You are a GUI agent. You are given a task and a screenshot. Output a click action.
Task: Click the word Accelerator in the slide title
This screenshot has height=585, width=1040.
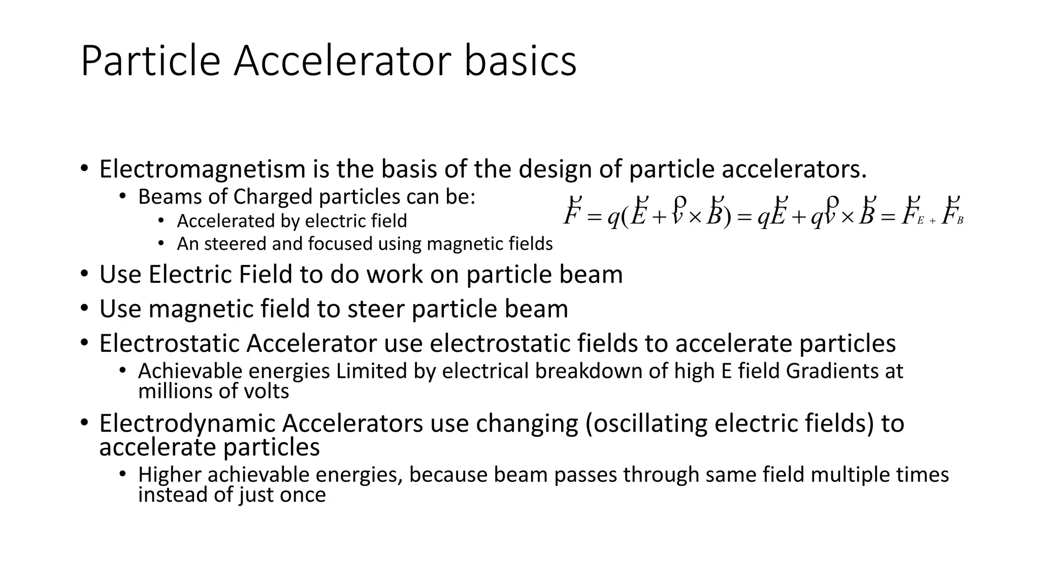[x=342, y=61]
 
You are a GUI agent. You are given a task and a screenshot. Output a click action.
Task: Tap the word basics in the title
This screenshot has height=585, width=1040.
[x=521, y=61]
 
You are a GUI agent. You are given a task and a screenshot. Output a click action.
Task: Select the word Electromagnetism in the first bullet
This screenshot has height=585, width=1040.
[x=202, y=169]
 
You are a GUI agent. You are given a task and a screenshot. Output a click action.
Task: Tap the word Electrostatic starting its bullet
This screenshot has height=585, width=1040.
[x=169, y=343]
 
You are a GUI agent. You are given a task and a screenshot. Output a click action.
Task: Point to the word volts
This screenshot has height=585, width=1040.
[x=270, y=392]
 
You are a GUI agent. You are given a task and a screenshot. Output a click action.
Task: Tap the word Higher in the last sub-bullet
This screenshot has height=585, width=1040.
[x=170, y=475]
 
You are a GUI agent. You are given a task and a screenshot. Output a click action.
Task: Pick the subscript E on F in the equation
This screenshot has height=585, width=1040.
[x=920, y=221]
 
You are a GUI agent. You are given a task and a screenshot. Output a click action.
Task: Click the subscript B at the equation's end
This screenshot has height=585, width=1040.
[x=960, y=221]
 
